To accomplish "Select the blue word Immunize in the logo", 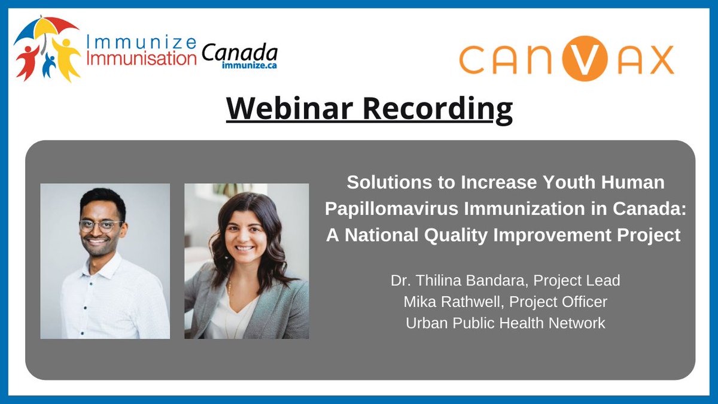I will [141, 44].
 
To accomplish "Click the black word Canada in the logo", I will [239, 53].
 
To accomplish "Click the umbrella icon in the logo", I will [45, 29].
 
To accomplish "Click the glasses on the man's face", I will [101, 226].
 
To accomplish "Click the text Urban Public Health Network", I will [506, 323].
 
